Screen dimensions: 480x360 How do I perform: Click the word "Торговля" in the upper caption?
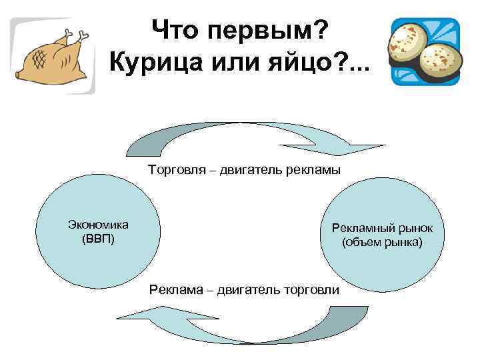[x=175, y=170]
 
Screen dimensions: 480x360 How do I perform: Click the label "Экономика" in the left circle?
[x=98, y=225]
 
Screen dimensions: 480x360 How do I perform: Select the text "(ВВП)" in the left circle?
[x=98, y=239]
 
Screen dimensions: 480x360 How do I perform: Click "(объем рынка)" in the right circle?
[x=382, y=242]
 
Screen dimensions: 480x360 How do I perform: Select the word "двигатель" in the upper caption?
[x=247, y=170]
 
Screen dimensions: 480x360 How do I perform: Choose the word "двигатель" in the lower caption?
[x=250, y=290]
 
